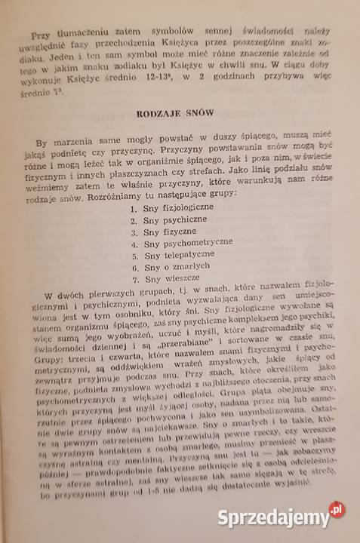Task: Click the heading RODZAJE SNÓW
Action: click(174, 115)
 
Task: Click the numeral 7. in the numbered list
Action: click(134, 295)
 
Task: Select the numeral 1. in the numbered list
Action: click(134, 207)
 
